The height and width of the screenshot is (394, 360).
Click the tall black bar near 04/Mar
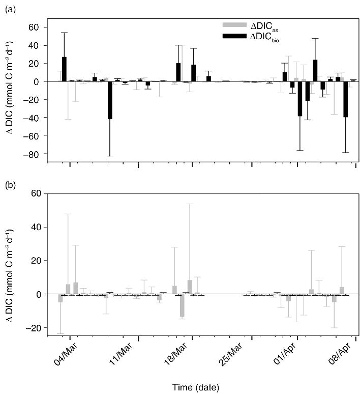point(64,69)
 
